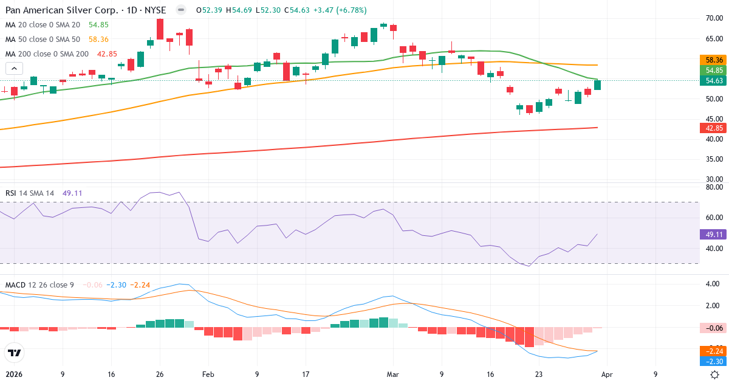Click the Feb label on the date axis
pos(208,374)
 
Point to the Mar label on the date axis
pos(393,374)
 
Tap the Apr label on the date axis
pos(607,374)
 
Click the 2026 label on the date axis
pos(14,374)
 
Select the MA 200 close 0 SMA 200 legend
pos(47,53)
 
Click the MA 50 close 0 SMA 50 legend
pos(43,39)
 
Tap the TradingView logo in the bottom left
pos(15,353)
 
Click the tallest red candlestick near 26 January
pos(160,29)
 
